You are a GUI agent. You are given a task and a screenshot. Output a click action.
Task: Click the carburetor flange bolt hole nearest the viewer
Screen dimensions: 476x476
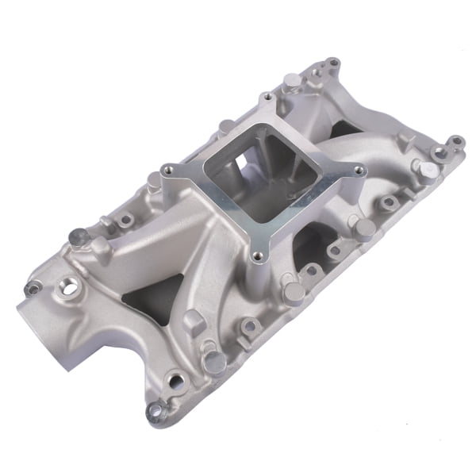tap(255, 256)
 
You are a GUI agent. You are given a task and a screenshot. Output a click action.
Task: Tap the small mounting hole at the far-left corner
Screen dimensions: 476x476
tap(33, 290)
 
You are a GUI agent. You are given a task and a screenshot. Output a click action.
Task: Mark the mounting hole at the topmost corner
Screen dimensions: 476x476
tap(332, 62)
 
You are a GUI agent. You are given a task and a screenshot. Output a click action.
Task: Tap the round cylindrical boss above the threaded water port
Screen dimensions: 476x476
tap(79, 236)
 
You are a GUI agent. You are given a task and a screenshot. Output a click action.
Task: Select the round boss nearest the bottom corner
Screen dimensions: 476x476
tap(212, 363)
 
